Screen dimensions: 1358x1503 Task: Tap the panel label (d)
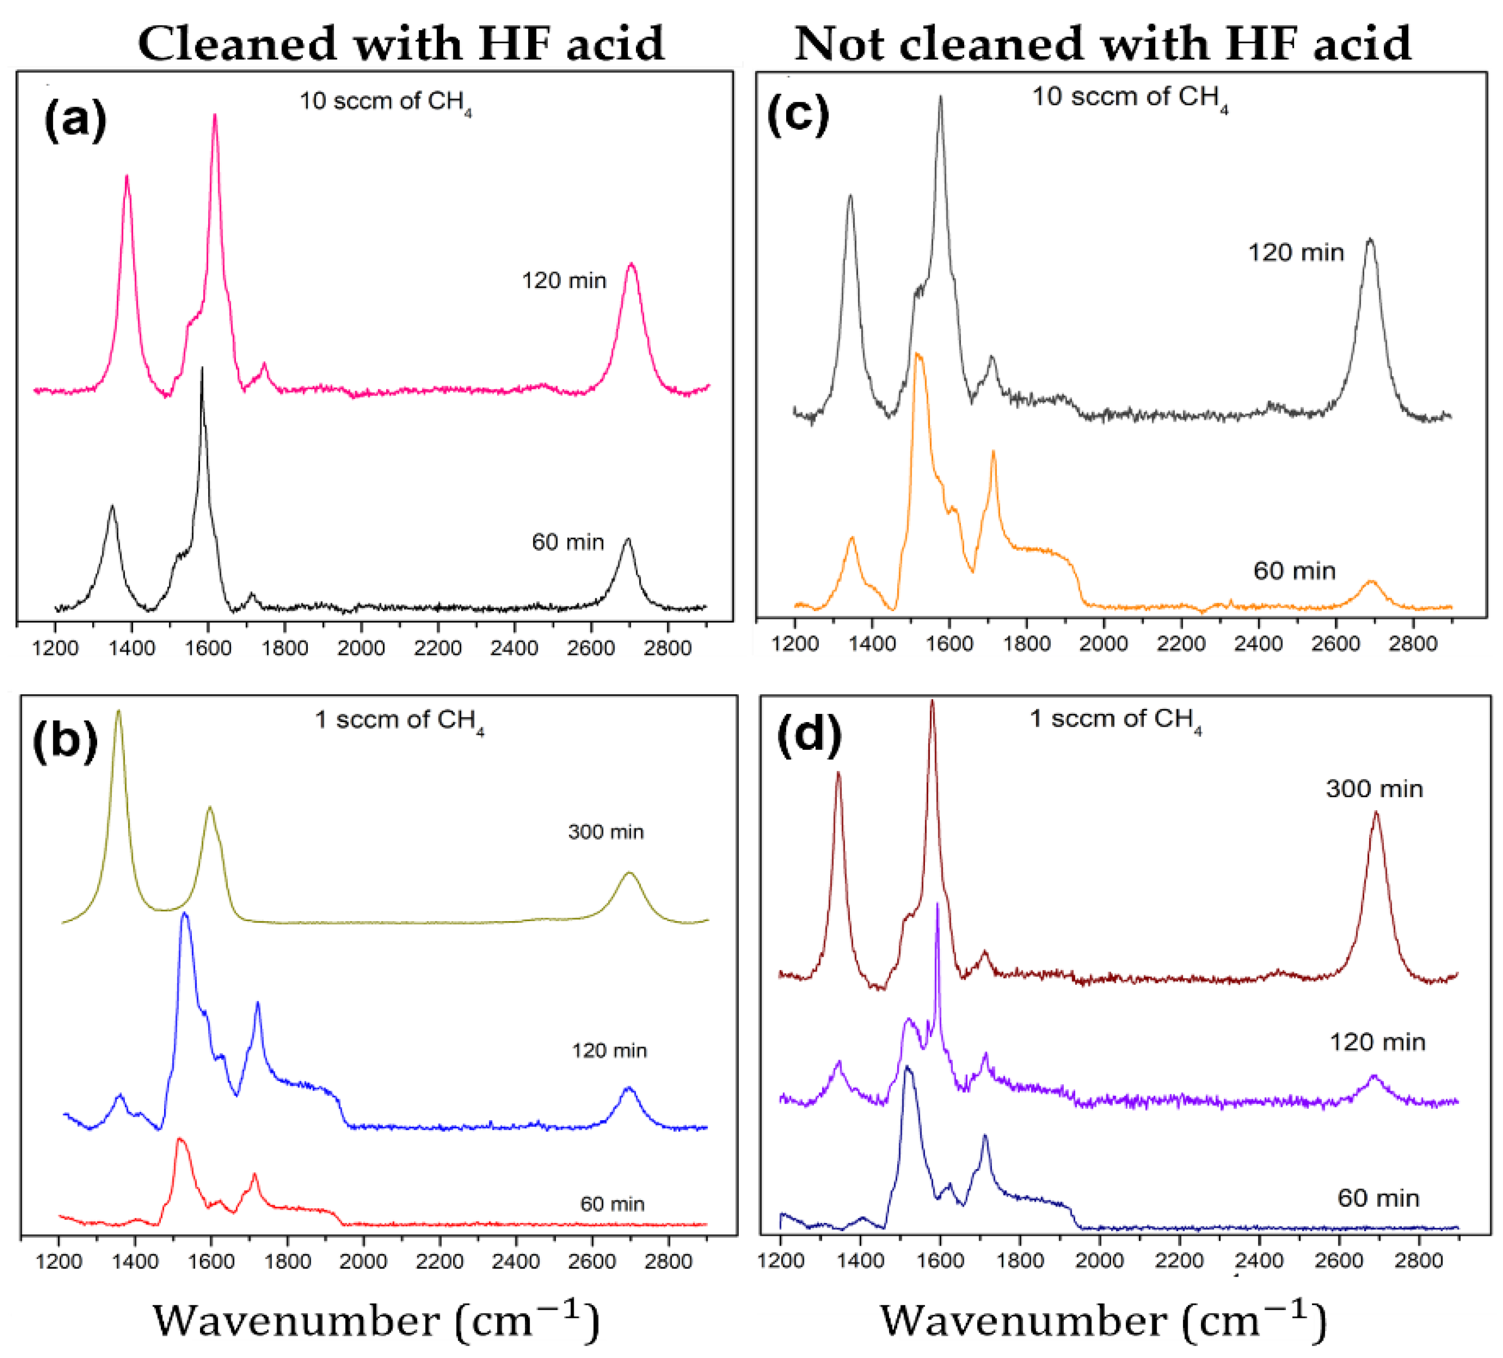click(x=809, y=735)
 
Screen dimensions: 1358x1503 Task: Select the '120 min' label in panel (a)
click(x=564, y=281)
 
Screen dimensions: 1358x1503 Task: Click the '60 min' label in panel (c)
click(x=1294, y=571)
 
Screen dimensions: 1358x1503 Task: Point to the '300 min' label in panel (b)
click(x=605, y=832)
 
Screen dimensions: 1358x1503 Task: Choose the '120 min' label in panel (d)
click(x=1377, y=1042)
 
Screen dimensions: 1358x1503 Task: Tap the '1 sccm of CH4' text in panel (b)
click(x=399, y=721)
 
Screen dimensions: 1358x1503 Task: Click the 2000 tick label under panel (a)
click(x=361, y=648)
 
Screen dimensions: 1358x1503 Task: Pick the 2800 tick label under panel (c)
click(x=1412, y=643)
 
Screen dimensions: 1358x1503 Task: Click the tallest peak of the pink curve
click(x=215, y=115)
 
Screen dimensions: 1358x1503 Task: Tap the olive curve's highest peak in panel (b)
click(x=118, y=712)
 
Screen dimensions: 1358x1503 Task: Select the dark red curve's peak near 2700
click(x=1376, y=813)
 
